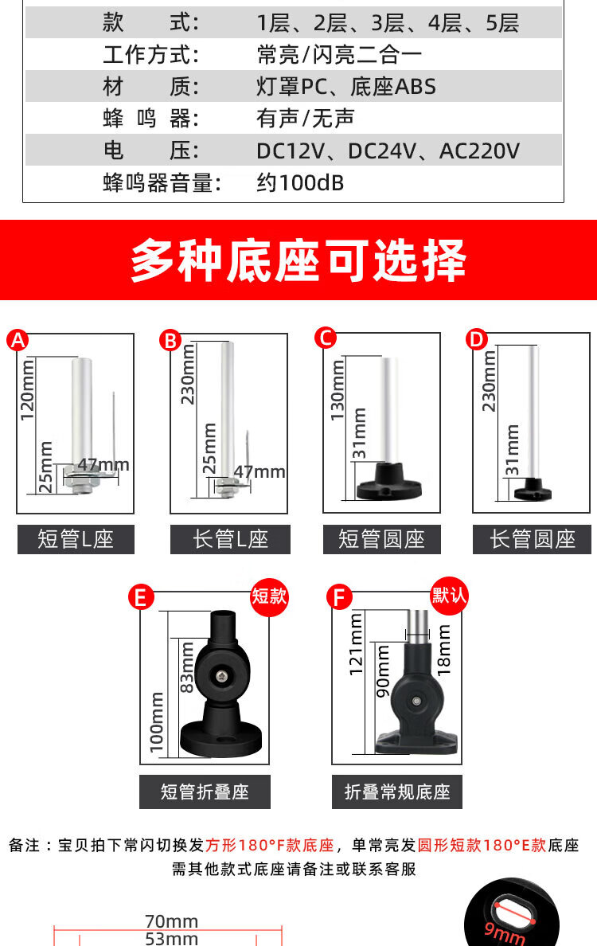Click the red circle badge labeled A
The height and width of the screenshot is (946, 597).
point(18,340)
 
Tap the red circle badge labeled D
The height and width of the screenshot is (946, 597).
point(476,340)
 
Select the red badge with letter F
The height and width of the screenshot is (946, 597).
point(339,598)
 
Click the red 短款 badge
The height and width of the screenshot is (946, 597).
point(269,596)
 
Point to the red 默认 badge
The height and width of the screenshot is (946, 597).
point(449,596)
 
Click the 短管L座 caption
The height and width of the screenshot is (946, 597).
point(76,539)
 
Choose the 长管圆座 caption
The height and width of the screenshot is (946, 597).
point(532,539)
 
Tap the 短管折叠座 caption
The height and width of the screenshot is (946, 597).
point(205,792)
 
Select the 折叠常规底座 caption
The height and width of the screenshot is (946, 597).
point(396,792)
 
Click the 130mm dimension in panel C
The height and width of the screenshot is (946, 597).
point(337,390)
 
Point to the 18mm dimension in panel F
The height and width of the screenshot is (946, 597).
point(443,649)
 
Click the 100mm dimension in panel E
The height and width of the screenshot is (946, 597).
point(156,722)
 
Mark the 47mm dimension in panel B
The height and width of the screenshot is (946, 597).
point(259,471)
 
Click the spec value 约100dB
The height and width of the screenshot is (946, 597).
point(300,182)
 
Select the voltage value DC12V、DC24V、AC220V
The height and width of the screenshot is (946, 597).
point(388,150)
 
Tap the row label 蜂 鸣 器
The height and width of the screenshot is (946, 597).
point(150,118)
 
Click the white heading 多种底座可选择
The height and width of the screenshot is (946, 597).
point(298,260)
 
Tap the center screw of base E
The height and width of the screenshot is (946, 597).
point(223,676)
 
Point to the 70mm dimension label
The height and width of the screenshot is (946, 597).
point(171,921)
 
